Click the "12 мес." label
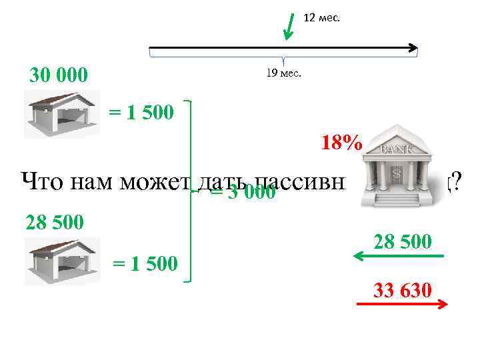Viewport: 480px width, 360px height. pos(321,18)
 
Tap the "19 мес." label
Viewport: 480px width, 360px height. pos(283,73)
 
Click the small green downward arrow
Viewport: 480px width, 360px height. pos(288,27)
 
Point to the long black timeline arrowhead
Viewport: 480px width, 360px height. pos(413,48)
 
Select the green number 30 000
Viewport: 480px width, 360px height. pos(58,76)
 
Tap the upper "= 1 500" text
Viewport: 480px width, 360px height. pos(141,112)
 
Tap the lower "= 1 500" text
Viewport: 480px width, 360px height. pos(145,263)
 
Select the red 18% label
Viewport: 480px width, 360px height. pos(341,143)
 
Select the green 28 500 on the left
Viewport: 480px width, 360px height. pos(55,221)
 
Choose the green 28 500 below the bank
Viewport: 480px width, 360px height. pos(401,241)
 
